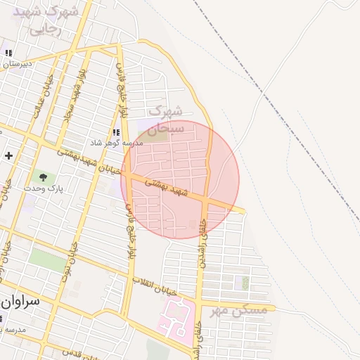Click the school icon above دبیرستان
click(10, 53)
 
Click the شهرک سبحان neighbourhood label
click(167, 120)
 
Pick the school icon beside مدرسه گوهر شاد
click(116, 131)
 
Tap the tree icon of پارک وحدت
click(44, 177)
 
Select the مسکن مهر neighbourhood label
click(239, 310)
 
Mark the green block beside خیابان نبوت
click(48, 259)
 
